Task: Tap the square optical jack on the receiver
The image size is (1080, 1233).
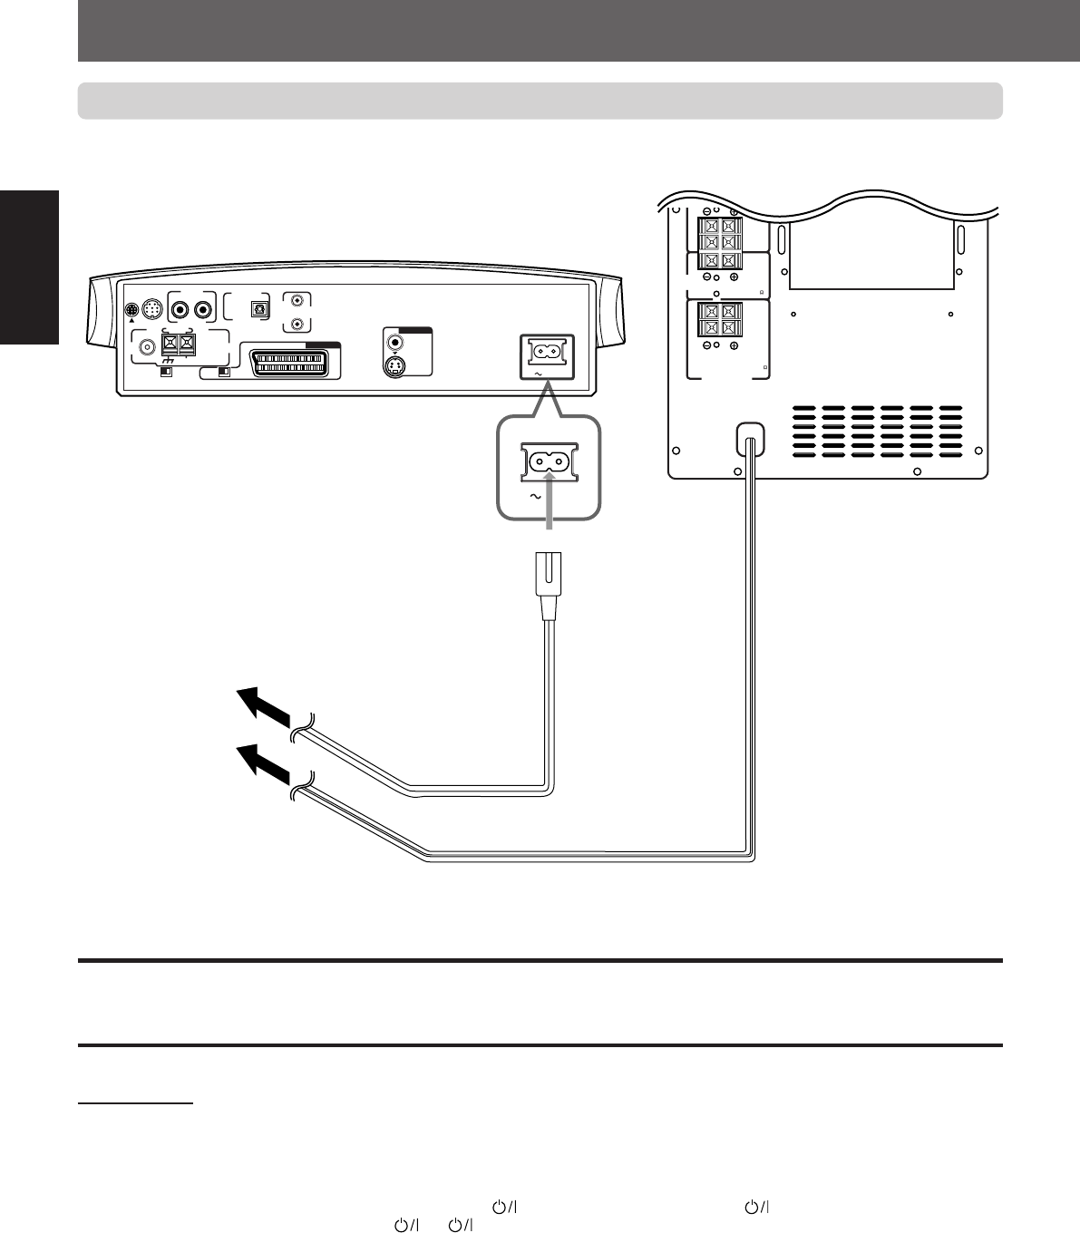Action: tap(260, 308)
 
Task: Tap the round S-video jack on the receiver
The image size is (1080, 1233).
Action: tap(394, 367)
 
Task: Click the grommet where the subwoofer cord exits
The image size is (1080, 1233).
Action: tap(749, 441)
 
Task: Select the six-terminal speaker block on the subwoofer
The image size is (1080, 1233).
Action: tap(719, 240)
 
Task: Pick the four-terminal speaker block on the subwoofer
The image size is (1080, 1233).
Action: tap(719, 321)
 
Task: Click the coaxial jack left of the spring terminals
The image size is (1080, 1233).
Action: tap(144, 345)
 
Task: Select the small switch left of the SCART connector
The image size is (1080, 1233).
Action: tap(223, 372)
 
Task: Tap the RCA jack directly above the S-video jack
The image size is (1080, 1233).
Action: tap(394, 344)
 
